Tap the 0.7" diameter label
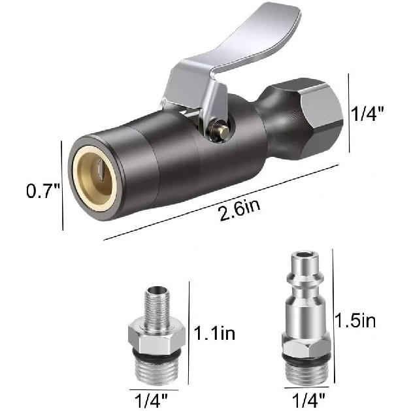(43, 191)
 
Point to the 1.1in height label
(215, 335)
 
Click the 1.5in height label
(355, 320)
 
